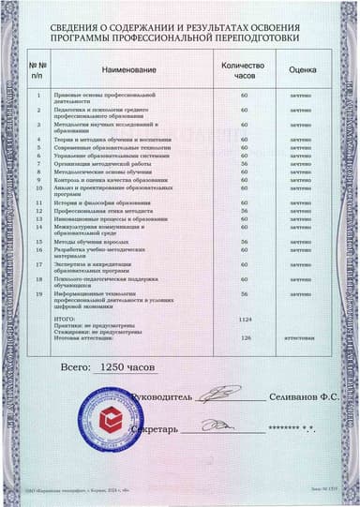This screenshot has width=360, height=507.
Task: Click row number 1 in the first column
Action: point(38,95)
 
